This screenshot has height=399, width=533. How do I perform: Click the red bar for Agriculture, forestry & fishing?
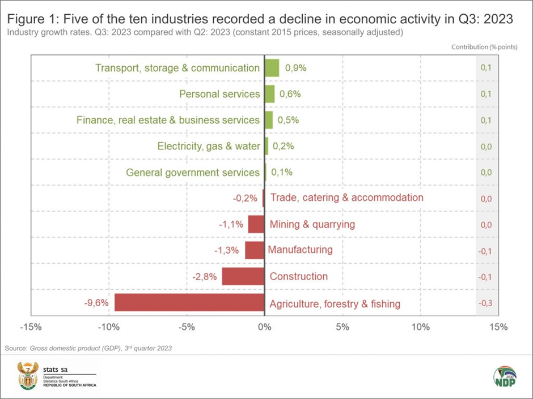[x=189, y=302]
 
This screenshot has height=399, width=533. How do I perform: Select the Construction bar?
[x=243, y=277]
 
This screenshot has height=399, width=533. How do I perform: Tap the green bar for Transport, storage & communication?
[x=272, y=68]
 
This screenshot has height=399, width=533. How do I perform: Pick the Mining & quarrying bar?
[x=256, y=224]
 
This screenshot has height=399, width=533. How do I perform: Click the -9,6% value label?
[x=96, y=303]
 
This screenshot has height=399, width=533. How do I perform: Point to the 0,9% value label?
[x=295, y=68]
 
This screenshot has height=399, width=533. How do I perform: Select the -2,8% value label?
[x=205, y=277]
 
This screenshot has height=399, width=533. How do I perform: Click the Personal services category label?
[x=219, y=94]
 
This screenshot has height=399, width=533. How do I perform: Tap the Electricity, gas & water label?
[x=209, y=146]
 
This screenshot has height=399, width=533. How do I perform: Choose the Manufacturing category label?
[x=301, y=250]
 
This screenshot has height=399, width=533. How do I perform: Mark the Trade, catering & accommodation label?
[x=347, y=198]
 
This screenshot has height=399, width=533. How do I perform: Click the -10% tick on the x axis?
[x=108, y=327]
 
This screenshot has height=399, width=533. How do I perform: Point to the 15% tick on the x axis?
[x=498, y=327]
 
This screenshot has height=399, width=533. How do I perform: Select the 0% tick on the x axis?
[x=264, y=327]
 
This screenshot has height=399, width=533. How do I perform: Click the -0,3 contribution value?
[x=485, y=303]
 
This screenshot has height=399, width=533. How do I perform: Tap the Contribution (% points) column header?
[x=484, y=47]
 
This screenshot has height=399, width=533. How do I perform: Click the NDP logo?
[x=504, y=376]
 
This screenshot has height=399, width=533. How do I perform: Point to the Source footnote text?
[x=88, y=348]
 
